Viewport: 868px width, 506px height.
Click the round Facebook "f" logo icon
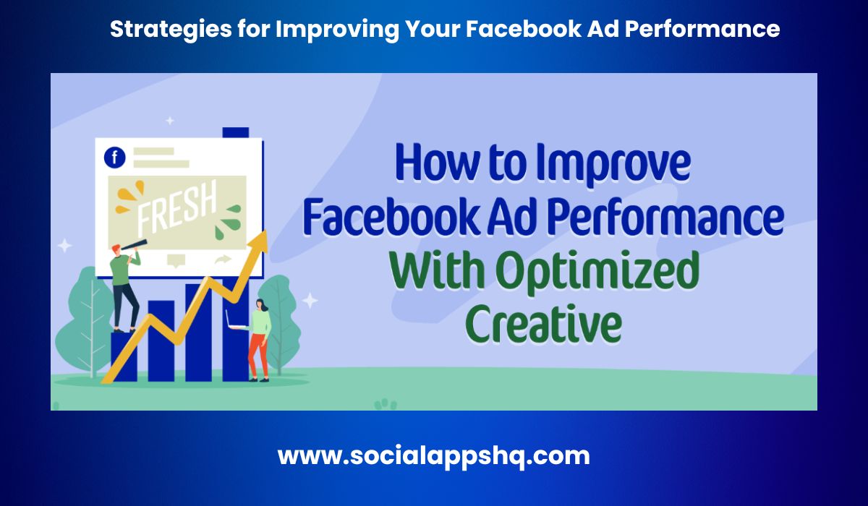(x=115, y=157)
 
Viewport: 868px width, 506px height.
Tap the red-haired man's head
(x=116, y=250)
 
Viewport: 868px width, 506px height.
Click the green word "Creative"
(x=543, y=324)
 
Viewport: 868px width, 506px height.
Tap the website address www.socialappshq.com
(x=434, y=456)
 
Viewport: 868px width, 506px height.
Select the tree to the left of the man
(x=87, y=322)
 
